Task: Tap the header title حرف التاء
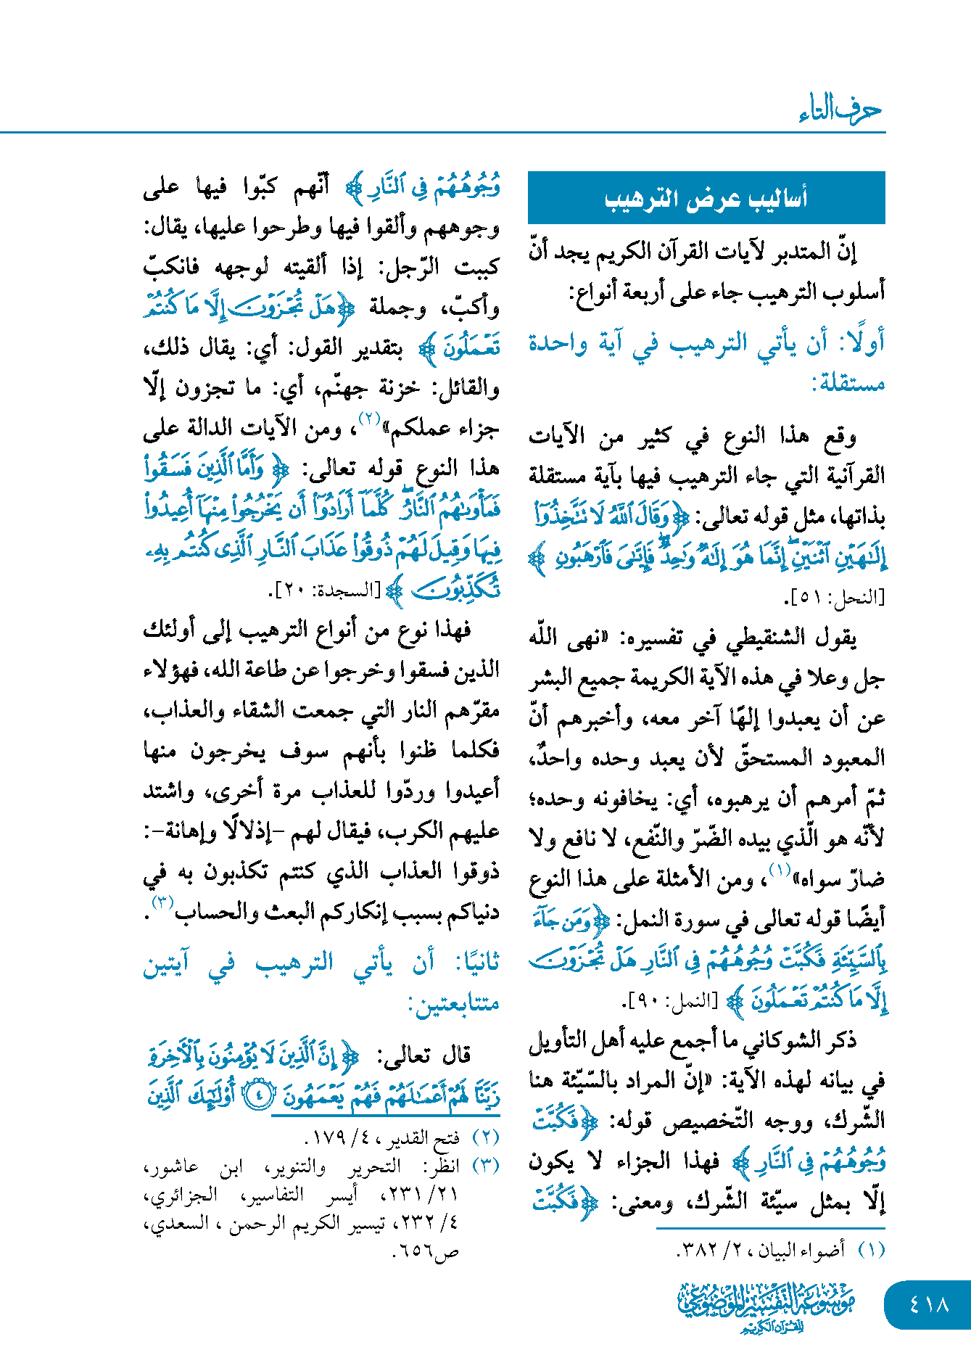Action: coord(840,110)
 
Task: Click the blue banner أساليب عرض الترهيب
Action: coord(706,198)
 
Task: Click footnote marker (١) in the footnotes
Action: coord(871,1251)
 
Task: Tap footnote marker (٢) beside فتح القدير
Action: coord(485,1137)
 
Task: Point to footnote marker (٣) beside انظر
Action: coord(485,1166)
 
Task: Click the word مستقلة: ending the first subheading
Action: coord(848,382)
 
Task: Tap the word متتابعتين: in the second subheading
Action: coord(454,1003)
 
